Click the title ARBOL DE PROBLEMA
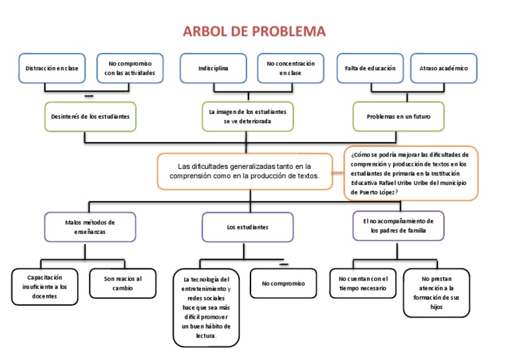(254, 32)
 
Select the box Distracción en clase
(52, 68)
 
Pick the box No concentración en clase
(290, 68)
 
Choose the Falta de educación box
(370, 68)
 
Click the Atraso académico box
(443, 68)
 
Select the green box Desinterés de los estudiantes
(90, 116)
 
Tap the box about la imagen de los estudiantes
(249, 117)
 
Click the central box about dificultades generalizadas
(245, 171)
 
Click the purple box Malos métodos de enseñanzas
(90, 227)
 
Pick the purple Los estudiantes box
(248, 227)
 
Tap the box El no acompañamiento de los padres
(398, 226)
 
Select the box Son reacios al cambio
(122, 283)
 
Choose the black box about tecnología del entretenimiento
(206, 308)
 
